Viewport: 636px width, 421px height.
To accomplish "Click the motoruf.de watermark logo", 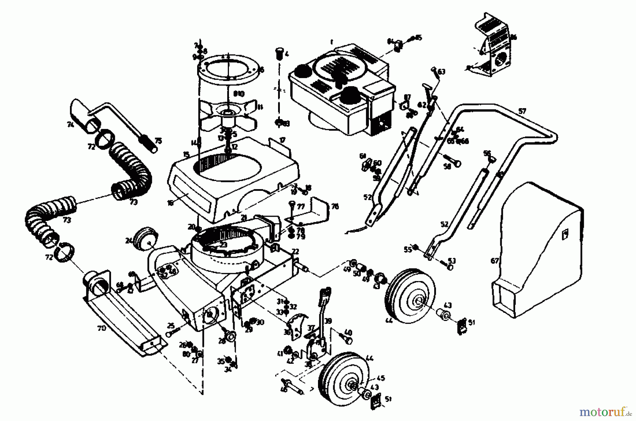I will pos(605,412).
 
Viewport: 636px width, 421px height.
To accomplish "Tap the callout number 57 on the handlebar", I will pos(522,111).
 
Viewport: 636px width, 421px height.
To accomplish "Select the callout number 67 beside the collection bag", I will pos(495,261).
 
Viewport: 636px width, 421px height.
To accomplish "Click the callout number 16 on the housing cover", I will pos(171,203).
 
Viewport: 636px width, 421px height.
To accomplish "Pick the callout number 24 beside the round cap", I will pos(128,241).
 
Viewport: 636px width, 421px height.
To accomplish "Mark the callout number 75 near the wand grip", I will pos(158,141).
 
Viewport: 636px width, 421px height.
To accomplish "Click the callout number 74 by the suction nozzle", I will pos(70,124).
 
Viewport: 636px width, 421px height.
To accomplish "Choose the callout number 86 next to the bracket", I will pos(513,37).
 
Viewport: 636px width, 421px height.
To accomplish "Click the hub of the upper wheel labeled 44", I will pos(417,301).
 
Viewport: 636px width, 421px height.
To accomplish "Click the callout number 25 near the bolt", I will pos(171,325).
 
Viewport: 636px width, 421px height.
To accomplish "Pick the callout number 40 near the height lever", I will pos(348,333).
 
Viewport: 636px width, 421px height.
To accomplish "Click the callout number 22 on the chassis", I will pos(295,252).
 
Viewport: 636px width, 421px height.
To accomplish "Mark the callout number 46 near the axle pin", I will pos(283,390).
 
